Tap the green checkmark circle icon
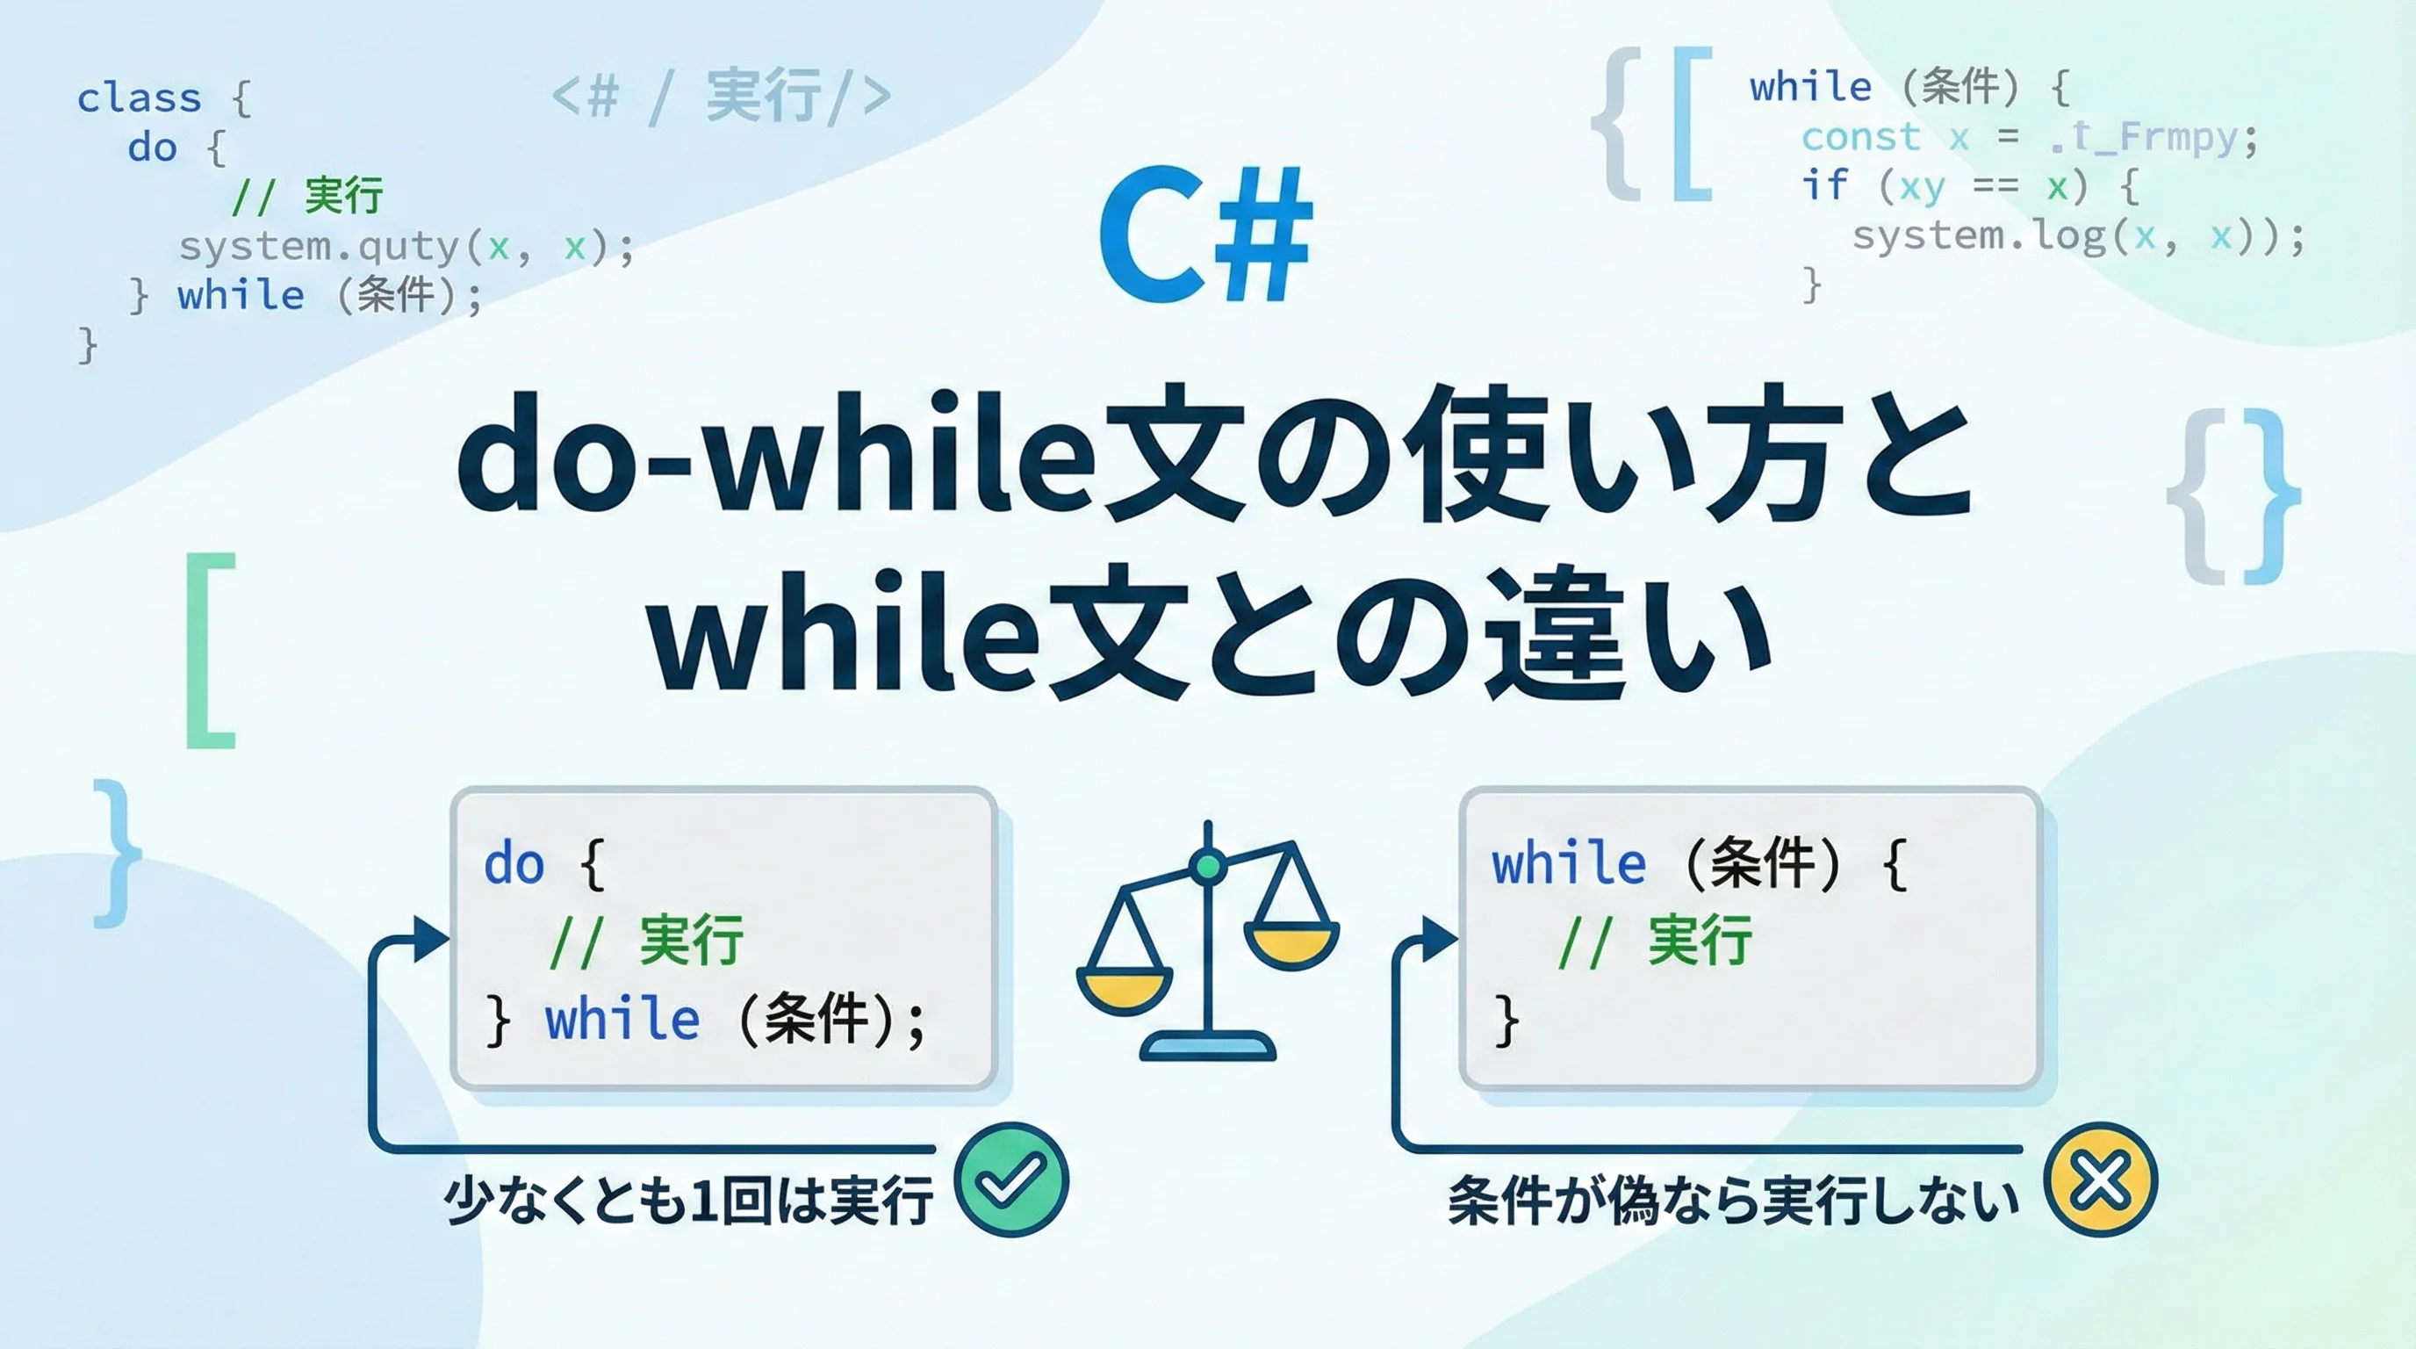tap(1012, 1179)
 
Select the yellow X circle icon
tap(2101, 1179)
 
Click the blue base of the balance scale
tap(1208, 1046)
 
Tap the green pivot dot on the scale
tap(1208, 865)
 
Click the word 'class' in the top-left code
tap(139, 97)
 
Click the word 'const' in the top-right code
tap(1861, 137)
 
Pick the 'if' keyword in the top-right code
tap(1824, 185)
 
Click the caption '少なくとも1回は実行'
tap(689, 1200)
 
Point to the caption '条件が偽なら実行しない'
tap(1733, 1200)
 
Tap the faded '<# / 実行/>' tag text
tap(720, 96)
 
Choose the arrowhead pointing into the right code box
tap(1440, 939)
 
